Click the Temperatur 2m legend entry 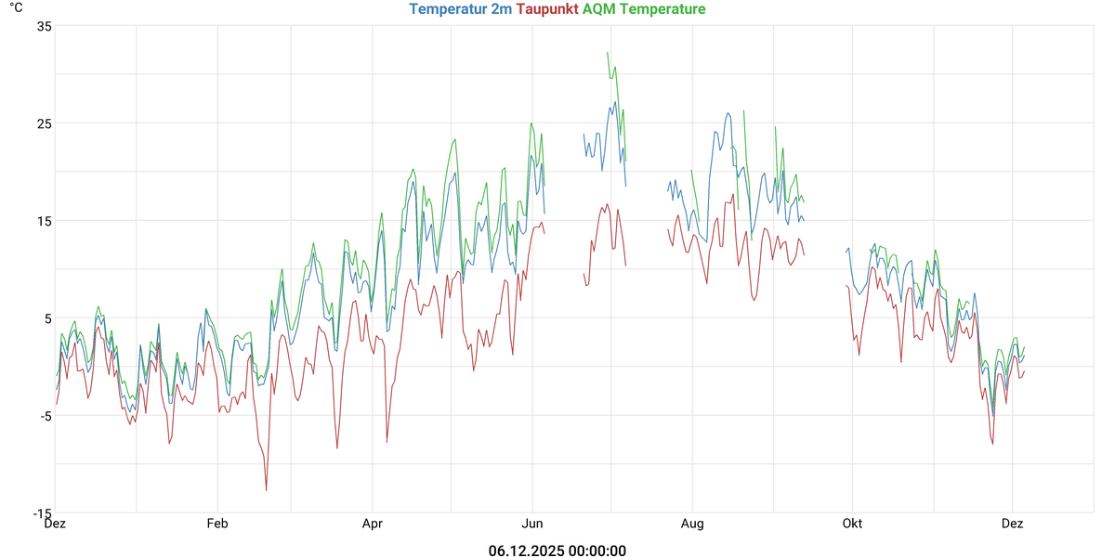point(460,9)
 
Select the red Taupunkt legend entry point(546,9)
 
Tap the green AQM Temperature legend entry point(643,9)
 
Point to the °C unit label point(16,7)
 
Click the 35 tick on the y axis point(44,26)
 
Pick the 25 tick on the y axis point(44,123)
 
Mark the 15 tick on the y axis point(44,221)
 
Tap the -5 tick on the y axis point(44,416)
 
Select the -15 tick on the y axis point(42,513)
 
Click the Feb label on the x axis point(216,524)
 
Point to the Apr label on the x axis point(372,524)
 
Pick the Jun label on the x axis point(532,524)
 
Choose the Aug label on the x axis point(692,524)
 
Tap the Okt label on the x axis point(852,524)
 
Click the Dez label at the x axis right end point(1012,524)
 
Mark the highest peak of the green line point(608,53)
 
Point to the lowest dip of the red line point(267,490)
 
